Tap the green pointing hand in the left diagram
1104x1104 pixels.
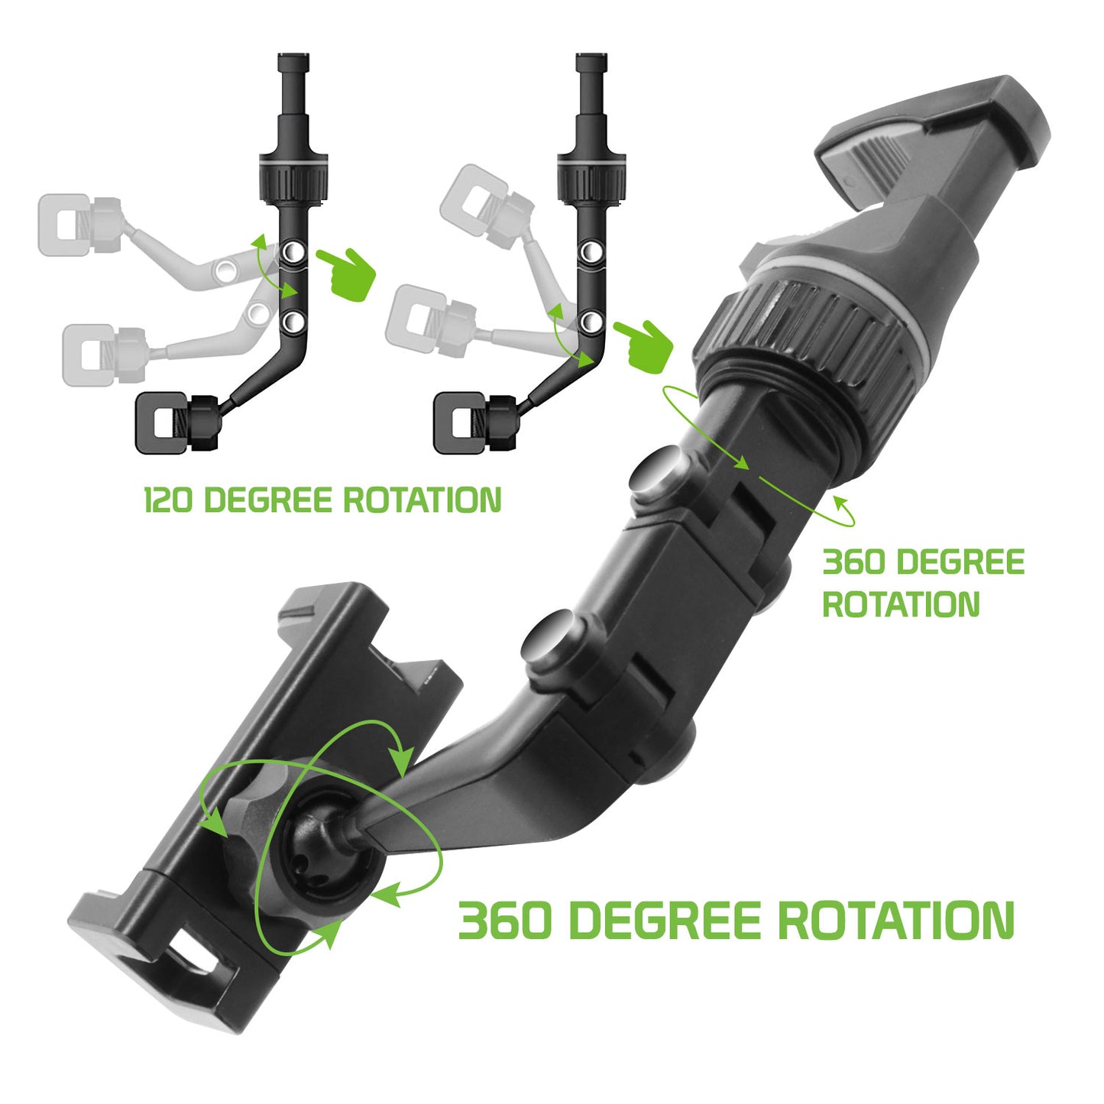pyautogui.click(x=347, y=274)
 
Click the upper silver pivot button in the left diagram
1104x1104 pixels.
pyautogui.click(x=293, y=251)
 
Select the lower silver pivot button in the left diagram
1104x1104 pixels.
pyautogui.click(x=293, y=321)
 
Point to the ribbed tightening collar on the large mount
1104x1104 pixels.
pyautogui.click(x=802, y=338)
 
